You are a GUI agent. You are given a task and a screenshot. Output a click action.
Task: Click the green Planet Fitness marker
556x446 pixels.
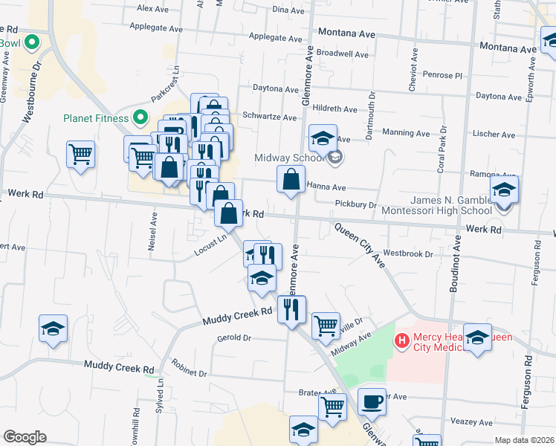139,117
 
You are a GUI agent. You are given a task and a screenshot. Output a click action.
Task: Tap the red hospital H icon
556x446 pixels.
402,341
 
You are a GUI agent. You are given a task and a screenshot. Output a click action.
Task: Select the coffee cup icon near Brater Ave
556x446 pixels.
372,401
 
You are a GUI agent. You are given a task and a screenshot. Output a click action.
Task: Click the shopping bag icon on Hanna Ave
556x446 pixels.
291,179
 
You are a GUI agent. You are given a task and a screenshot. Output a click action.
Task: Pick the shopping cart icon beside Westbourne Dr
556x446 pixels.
80,155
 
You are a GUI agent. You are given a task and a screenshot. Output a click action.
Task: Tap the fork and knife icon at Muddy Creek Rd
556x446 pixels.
291,307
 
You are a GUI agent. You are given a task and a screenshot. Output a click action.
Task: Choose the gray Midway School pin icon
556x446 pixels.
335,157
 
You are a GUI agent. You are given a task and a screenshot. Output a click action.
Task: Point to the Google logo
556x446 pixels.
25,436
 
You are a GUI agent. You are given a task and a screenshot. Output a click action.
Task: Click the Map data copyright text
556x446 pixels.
524,440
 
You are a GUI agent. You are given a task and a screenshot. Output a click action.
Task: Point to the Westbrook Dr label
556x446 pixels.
407,253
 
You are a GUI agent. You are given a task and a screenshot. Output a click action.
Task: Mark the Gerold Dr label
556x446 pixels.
234,337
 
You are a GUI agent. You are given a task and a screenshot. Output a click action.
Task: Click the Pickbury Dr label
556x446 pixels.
356,204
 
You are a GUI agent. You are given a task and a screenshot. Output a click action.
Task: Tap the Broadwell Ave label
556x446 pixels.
342,54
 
